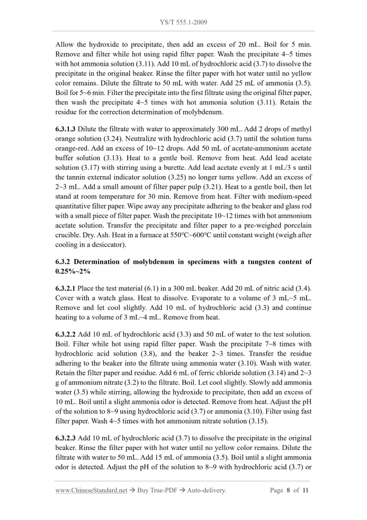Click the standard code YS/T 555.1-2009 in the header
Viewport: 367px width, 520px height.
coord(183,23)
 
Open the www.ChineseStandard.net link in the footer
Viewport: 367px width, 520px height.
coord(91,490)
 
